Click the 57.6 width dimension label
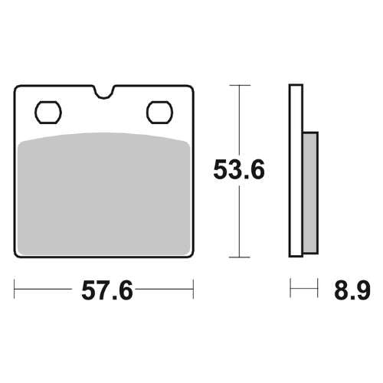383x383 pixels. coord(105,291)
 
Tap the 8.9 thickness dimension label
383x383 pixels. coord(352,291)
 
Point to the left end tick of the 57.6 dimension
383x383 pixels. coord(15,290)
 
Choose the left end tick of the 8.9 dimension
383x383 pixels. coord(290,290)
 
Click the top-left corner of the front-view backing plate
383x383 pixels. coord(17,87)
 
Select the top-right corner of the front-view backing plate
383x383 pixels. coord(192,87)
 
